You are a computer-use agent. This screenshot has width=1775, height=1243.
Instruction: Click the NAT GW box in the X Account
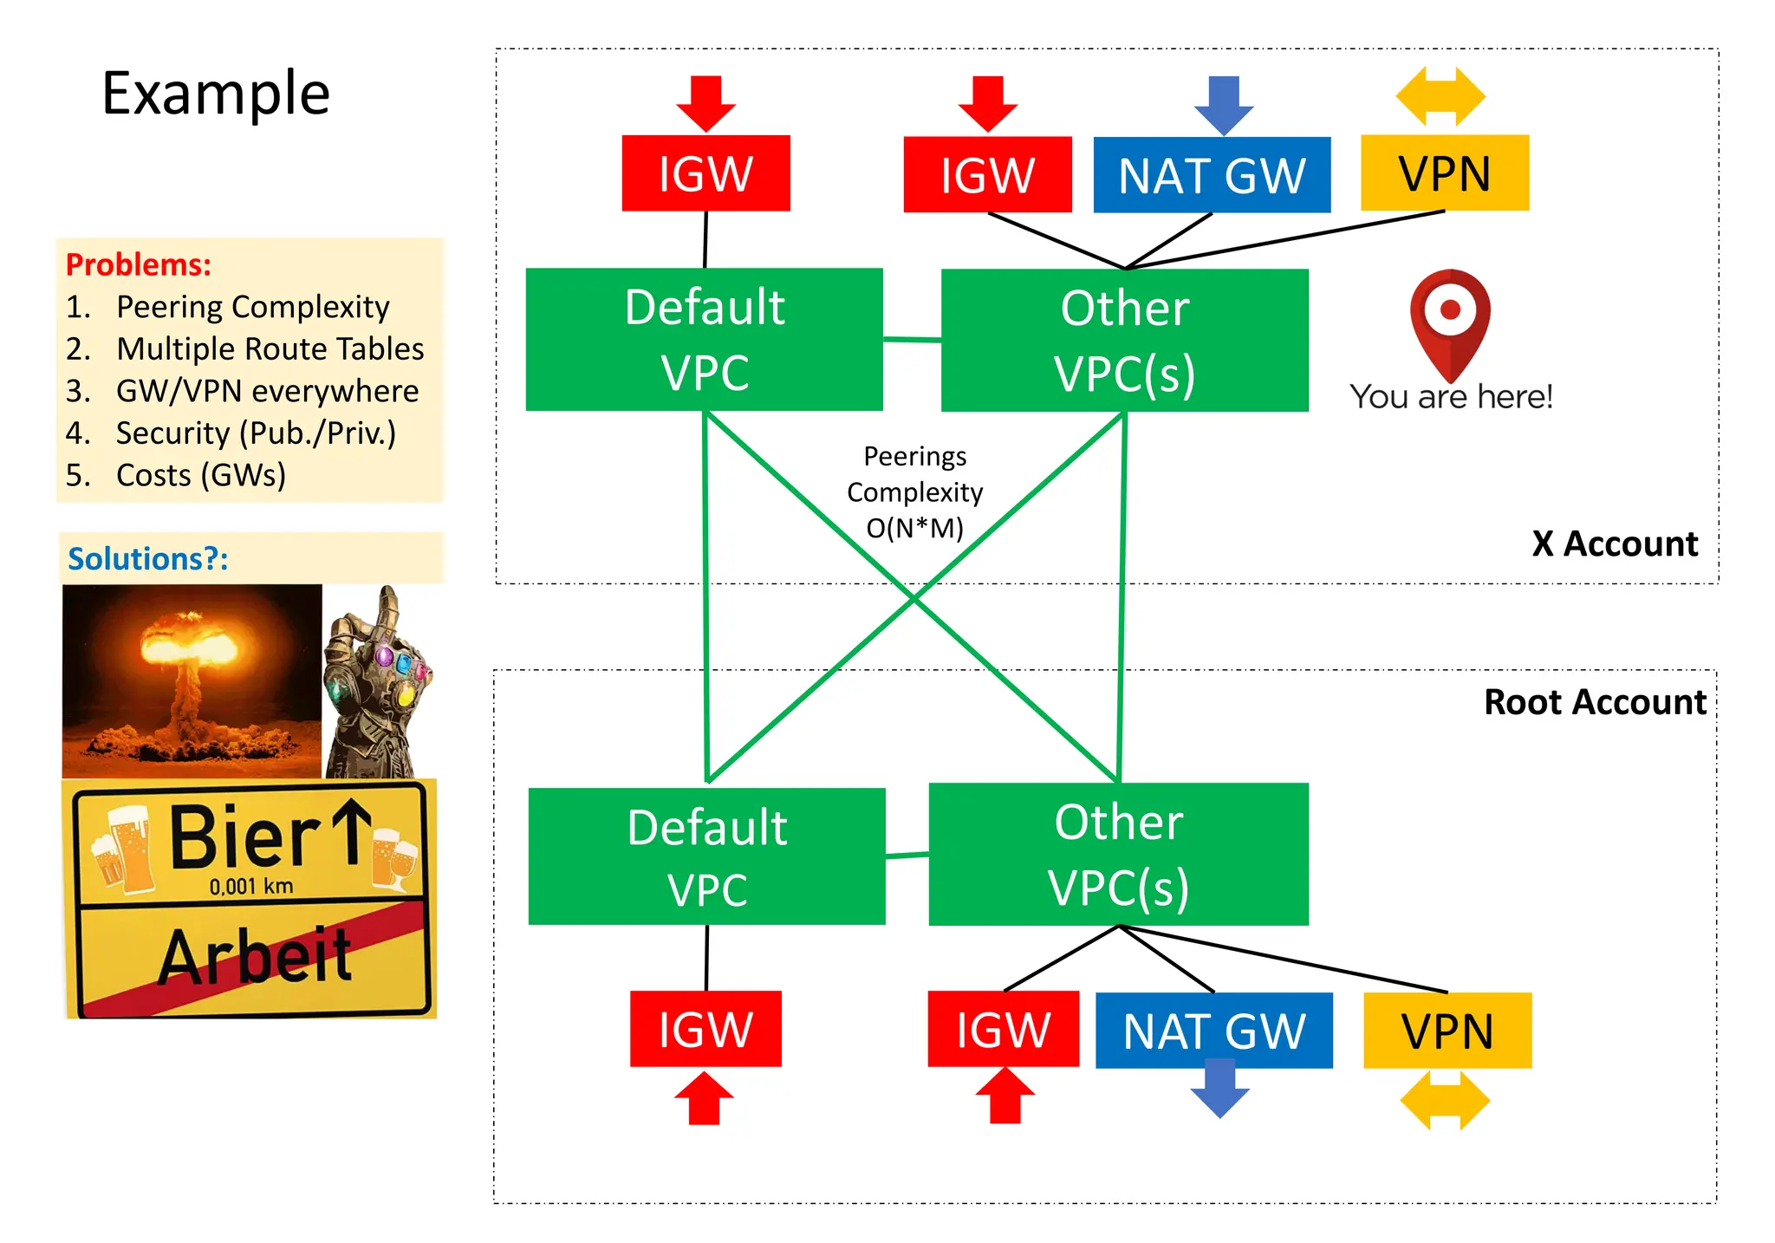coord(1211,174)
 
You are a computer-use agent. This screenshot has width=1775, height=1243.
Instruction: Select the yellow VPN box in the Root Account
coord(1447,1030)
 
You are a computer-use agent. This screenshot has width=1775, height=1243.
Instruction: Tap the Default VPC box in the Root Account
coord(706,856)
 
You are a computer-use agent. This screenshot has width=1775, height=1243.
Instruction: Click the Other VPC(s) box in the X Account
coord(1124,340)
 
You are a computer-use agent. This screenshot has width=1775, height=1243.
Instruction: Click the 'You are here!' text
coord(1451,397)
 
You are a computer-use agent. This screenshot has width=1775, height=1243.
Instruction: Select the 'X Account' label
coord(1614,544)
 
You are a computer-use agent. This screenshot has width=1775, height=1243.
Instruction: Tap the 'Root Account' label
coord(1594,702)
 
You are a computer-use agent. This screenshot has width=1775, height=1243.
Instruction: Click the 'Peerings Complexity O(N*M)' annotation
coord(914,492)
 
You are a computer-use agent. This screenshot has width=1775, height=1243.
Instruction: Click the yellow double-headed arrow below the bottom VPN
coord(1445,1100)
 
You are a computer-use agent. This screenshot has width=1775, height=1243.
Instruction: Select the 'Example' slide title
coord(216,94)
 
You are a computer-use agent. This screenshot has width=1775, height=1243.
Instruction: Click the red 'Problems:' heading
coord(139,264)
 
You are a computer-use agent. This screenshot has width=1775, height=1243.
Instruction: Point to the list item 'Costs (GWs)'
coord(200,475)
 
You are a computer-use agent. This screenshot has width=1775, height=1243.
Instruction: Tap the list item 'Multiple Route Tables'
coord(270,348)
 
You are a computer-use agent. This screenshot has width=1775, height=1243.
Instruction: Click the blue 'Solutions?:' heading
coord(148,559)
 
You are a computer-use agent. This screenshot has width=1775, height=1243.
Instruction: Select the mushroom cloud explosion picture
coord(192,680)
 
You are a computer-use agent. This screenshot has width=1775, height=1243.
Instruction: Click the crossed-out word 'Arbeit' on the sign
coord(254,956)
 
